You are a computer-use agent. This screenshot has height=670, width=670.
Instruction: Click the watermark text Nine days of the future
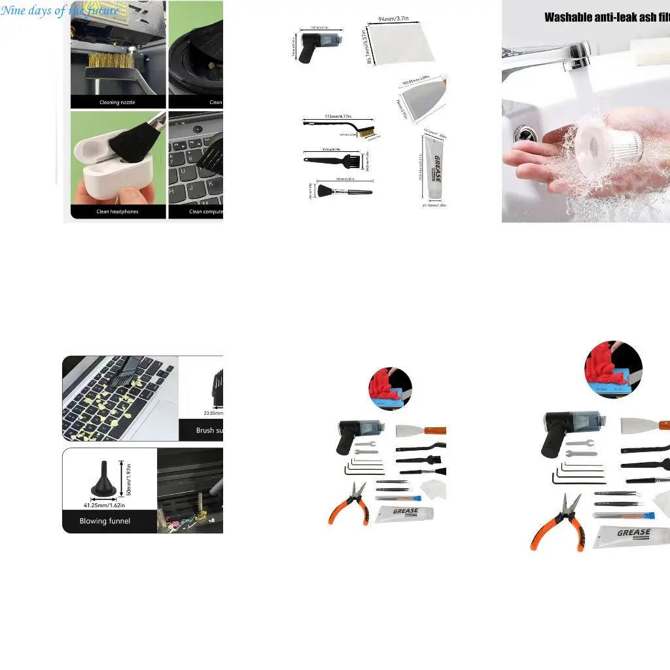(60, 10)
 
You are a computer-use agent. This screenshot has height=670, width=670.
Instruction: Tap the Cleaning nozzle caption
(118, 102)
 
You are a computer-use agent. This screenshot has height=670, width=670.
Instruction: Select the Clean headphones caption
(118, 211)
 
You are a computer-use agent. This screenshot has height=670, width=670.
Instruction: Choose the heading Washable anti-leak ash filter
(607, 18)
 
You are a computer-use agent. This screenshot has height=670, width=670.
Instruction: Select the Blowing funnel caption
(105, 521)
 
